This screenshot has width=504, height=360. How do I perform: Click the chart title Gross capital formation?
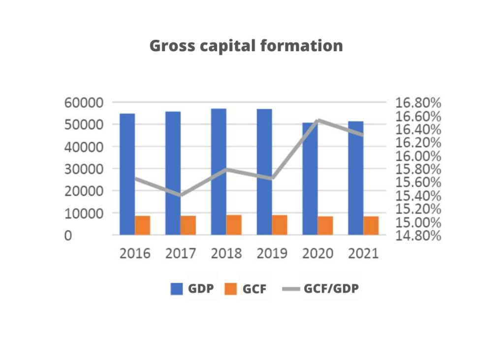coord(246,46)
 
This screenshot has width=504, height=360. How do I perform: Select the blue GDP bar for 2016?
coord(127,174)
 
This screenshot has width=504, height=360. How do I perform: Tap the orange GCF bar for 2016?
coord(143,225)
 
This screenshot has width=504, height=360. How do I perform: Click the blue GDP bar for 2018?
coord(219,172)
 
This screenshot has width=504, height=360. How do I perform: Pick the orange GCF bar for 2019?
coord(280,225)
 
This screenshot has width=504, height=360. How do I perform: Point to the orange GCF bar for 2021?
coord(371,226)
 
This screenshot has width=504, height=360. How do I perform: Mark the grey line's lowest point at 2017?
coord(181,195)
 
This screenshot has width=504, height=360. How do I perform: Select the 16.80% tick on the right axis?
coord(418,103)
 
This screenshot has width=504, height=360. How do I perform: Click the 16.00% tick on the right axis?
coord(418,156)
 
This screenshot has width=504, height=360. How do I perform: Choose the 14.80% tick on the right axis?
coord(418,236)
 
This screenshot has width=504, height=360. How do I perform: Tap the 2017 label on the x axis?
coord(181,254)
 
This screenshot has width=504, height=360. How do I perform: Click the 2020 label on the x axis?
coord(317,254)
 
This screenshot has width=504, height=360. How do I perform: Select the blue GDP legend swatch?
coord(177,289)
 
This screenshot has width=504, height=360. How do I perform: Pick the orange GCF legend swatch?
coord(230,289)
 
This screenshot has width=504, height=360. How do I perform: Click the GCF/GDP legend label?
coord(331,289)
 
